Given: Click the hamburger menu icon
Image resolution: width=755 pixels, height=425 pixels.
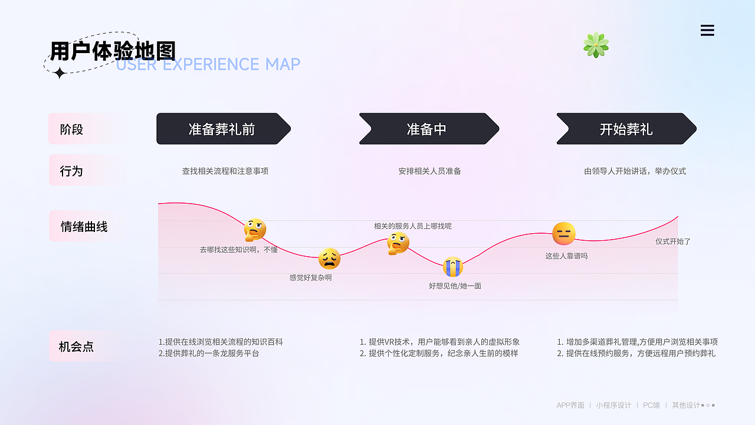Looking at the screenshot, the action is (707, 31).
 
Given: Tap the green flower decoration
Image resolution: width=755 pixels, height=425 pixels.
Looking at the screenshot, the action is (596, 45).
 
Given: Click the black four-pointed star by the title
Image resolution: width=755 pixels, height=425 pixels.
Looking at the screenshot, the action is (60, 73).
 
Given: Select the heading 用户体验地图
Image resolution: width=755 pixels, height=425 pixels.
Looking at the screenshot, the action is (113, 51).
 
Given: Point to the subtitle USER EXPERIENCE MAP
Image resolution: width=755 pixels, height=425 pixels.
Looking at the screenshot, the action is (208, 64).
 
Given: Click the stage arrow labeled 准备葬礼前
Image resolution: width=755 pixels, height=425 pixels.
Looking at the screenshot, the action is (223, 129).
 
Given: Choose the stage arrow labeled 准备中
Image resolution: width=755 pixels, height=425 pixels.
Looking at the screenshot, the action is (428, 129).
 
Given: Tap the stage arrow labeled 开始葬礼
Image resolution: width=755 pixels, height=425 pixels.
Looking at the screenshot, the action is (626, 129).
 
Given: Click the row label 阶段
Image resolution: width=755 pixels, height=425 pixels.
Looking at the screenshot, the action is (72, 129).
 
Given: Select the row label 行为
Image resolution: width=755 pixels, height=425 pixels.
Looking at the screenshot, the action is (72, 171).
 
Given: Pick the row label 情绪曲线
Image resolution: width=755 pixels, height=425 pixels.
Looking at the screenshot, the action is (84, 227).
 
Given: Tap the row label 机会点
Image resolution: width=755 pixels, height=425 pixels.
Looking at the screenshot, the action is (76, 347).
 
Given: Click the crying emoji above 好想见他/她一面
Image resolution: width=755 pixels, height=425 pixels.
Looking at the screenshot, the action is (453, 267).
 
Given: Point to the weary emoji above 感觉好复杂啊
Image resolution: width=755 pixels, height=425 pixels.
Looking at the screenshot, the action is (329, 259).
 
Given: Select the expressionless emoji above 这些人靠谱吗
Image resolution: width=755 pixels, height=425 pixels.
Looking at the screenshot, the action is (564, 234).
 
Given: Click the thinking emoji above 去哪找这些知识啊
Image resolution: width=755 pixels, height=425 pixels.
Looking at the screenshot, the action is (255, 230).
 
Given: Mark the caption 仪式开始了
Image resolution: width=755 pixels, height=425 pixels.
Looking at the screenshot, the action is (673, 241).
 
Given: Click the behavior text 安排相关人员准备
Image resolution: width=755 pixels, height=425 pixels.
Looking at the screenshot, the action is (429, 171).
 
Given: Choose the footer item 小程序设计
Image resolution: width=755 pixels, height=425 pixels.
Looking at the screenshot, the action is (613, 406).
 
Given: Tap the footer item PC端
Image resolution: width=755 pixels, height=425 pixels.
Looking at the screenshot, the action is (651, 406).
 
